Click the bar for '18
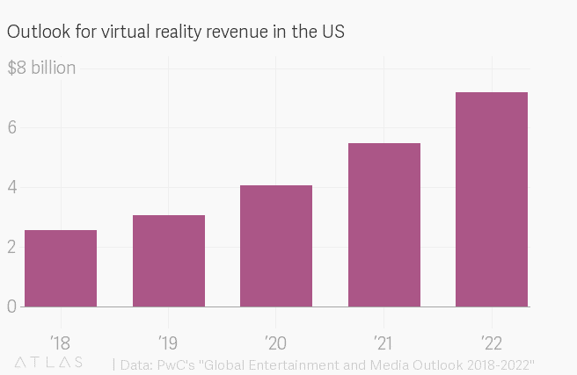coord(61,268)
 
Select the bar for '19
coord(169,261)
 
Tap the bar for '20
coord(276,246)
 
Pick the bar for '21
coord(384,225)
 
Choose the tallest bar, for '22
coord(492,199)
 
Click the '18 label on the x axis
coord(61,340)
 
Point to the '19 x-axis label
coord(169,340)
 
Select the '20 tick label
coord(276,340)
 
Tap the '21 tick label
coord(384,340)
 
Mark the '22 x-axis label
coord(492,340)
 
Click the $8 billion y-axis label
coord(41,69)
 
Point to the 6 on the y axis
coord(13,127)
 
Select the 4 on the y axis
coord(13,187)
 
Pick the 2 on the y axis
coord(13,247)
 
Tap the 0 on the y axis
coord(13,306)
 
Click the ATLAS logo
coord(49,363)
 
